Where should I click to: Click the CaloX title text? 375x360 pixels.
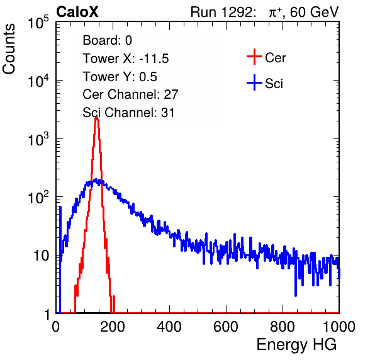pos(77,12)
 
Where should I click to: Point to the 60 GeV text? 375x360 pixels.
pos(314,12)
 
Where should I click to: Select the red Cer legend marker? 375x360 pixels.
pos(254,57)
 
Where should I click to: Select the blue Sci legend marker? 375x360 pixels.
pos(254,83)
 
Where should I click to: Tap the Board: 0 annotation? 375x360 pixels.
pos(107,40)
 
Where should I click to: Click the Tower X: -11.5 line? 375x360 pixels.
pos(126,59)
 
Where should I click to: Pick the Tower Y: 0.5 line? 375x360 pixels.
pos(120,77)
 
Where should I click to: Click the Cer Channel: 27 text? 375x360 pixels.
pos(130,94)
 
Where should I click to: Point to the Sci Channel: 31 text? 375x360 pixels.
pos(128,113)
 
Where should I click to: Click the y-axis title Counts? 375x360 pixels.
pos(9,49)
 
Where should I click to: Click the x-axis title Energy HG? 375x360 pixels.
pos(296,345)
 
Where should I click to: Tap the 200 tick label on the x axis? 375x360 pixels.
pos(113,327)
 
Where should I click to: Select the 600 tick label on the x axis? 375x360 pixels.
pos(226,327)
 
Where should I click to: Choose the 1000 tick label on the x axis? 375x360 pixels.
pos(339,327)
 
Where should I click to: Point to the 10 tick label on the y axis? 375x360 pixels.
pos(42,256)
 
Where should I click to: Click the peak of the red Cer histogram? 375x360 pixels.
pos(96,118)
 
